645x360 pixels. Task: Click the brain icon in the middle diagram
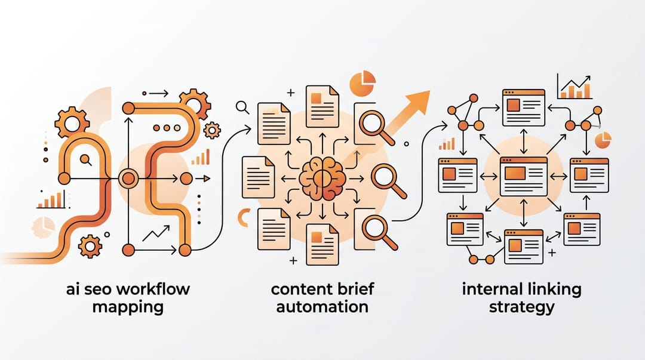(322, 179)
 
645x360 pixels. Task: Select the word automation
(322, 307)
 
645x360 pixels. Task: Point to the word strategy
(521, 307)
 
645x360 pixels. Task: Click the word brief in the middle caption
(355, 289)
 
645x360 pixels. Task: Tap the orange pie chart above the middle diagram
(363, 84)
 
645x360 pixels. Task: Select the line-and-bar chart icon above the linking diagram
(575, 87)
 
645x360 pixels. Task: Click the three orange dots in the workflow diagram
(167, 128)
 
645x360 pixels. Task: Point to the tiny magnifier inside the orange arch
(86, 159)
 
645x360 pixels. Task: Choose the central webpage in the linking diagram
(523, 177)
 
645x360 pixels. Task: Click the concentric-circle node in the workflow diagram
(128, 179)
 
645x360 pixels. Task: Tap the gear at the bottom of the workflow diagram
(90, 247)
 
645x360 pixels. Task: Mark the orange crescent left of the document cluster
(243, 218)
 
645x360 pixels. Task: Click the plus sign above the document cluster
(291, 93)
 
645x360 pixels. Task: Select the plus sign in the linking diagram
(552, 252)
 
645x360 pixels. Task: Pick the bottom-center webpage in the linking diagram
(524, 247)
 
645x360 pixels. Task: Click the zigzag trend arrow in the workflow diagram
(156, 233)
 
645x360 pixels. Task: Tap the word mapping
(128, 307)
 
